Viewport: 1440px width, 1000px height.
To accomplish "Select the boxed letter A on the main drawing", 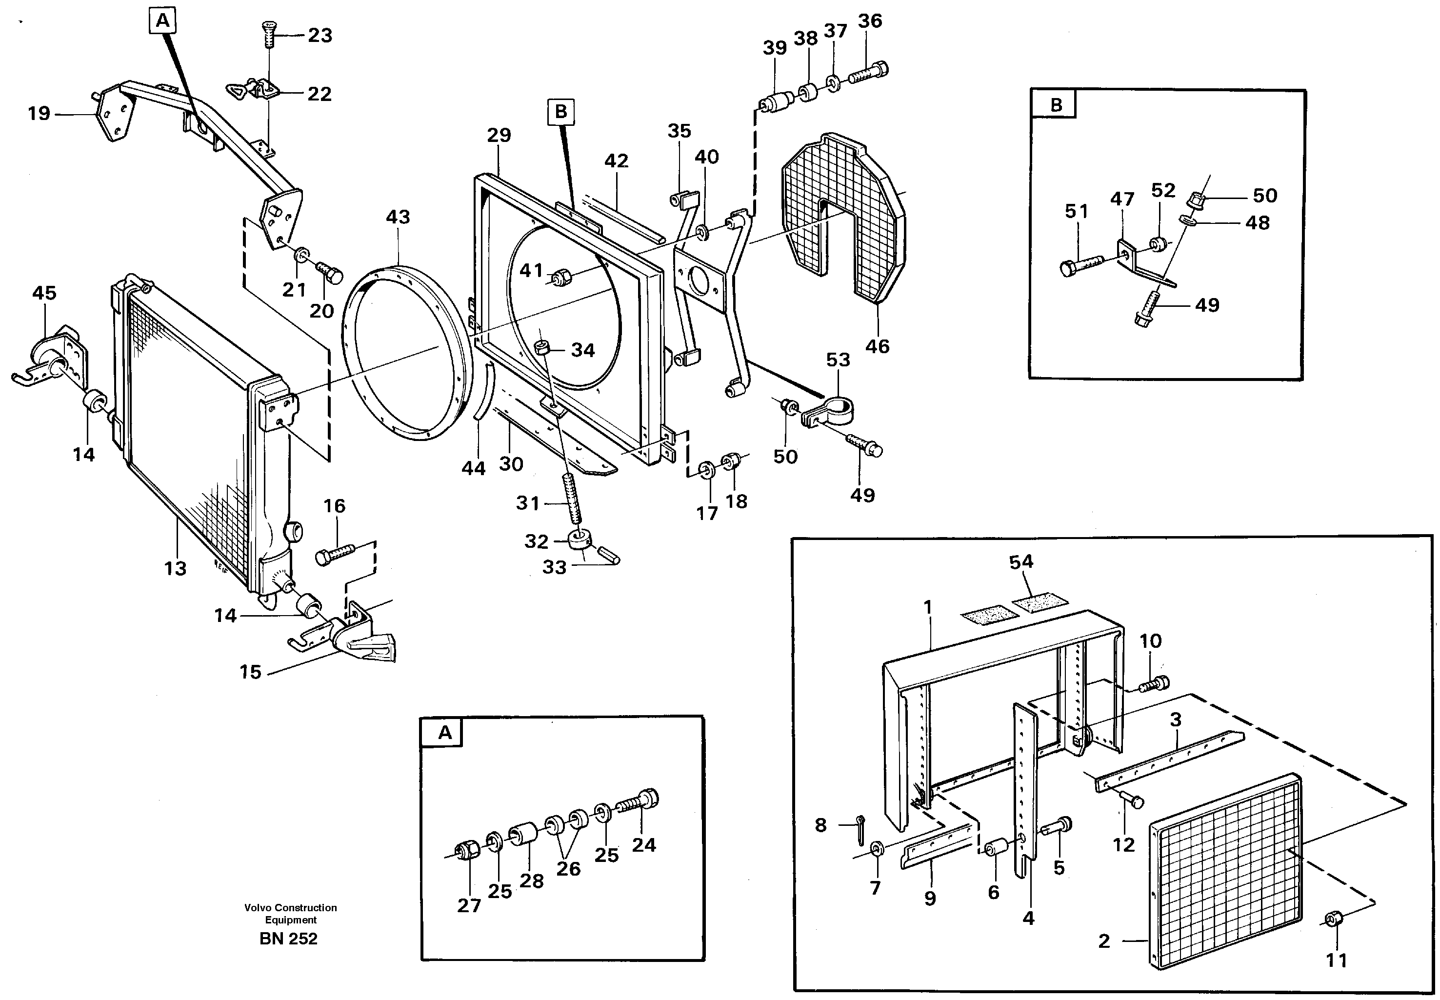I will click(163, 21).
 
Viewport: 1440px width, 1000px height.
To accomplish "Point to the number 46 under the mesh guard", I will click(877, 346).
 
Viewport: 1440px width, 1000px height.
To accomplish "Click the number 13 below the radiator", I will click(176, 568).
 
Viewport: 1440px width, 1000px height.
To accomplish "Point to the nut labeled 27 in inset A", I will click(467, 850).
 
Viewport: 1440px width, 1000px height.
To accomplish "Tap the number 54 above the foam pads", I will click(1021, 562).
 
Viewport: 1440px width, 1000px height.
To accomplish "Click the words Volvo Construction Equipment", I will click(290, 914).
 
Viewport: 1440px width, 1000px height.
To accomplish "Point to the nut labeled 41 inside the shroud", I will click(561, 276).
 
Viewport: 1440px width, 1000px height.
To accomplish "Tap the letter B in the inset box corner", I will click(1056, 105).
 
